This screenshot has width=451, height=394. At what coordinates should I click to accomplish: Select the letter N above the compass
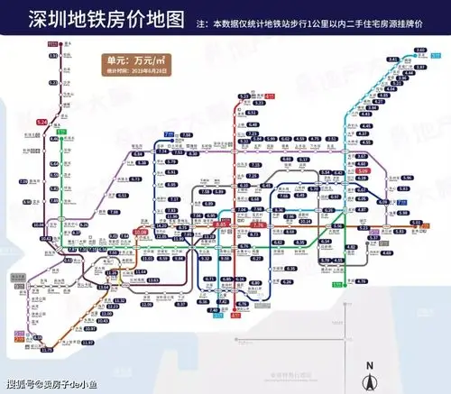(369, 365)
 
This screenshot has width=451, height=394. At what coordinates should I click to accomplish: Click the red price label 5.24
(42, 121)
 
